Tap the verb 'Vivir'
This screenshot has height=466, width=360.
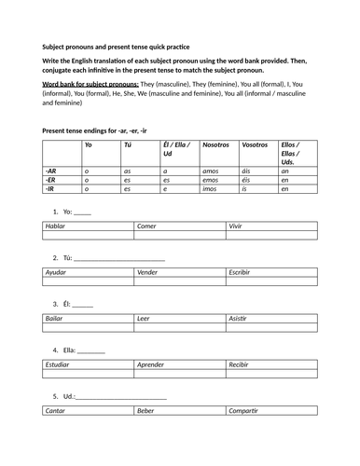click(238, 226)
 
